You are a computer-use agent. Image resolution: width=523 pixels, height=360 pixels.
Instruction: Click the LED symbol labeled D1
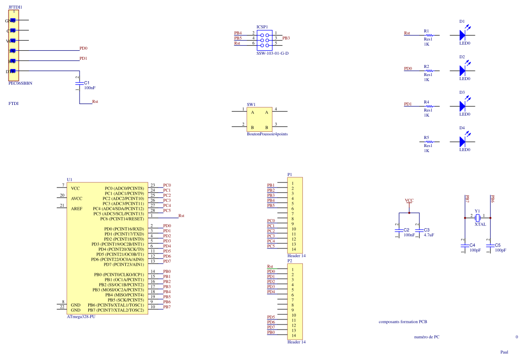pyautogui.click(x=462, y=35)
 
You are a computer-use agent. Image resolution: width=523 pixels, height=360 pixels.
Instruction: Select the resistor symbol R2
pyautogui.click(x=429, y=70)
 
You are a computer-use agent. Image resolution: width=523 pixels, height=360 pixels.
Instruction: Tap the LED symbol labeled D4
pyautogui.click(x=462, y=141)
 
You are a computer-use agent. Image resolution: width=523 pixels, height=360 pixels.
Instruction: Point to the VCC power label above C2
pyautogui.click(x=409, y=201)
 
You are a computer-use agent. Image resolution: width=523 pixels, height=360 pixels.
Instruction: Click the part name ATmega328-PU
pyautogui.click(x=81, y=317)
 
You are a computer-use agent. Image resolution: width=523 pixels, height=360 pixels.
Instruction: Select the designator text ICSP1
pyautogui.click(x=262, y=26)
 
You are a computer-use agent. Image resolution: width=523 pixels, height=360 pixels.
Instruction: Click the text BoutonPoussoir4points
pyautogui.click(x=267, y=134)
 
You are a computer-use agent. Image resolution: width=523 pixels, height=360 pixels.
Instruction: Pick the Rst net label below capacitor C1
pyautogui.click(x=95, y=102)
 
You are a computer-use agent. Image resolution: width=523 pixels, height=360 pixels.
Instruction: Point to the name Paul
pyautogui.click(x=504, y=352)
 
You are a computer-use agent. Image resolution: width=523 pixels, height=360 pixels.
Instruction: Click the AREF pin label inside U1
pyautogui.click(x=77, y=208)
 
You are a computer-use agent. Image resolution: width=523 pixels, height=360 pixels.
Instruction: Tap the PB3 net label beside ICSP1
pyautogui.click(x=286, y=38)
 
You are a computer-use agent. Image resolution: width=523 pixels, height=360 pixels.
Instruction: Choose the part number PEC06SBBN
pyautogui.click(x=20, y=83)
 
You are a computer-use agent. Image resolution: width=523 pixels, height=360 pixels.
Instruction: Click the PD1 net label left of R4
pyautogui.click(x=408, y=104)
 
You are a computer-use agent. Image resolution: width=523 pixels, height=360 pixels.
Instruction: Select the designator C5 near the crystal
pyautogui.click(x=498, y=245)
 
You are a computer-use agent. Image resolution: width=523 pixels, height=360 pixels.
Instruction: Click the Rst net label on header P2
pyautogui.click(x=270, y=266)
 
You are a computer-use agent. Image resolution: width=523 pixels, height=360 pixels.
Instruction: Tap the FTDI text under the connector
pyautogui.click(x=14, y=103)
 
